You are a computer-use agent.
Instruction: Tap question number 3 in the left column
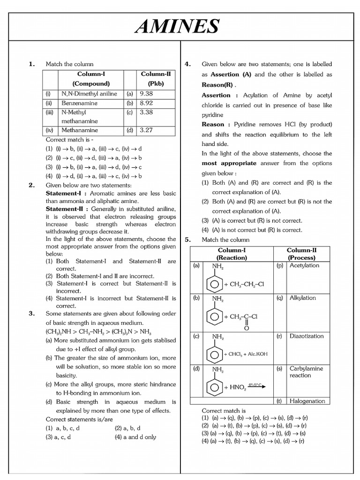pos(32,313)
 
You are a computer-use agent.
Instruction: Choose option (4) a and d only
pos(135,437)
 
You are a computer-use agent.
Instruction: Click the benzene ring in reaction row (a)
pos(215,284)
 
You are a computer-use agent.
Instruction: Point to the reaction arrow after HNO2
pos(257,386)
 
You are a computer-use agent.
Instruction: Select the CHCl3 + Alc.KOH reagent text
pos(246,354)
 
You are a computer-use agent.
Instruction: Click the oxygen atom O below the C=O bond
pos(246,328)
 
